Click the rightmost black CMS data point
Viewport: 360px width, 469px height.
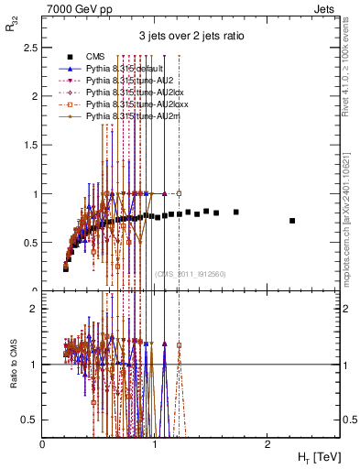coord(292,221)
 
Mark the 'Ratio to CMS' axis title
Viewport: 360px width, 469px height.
coord(13,377)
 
